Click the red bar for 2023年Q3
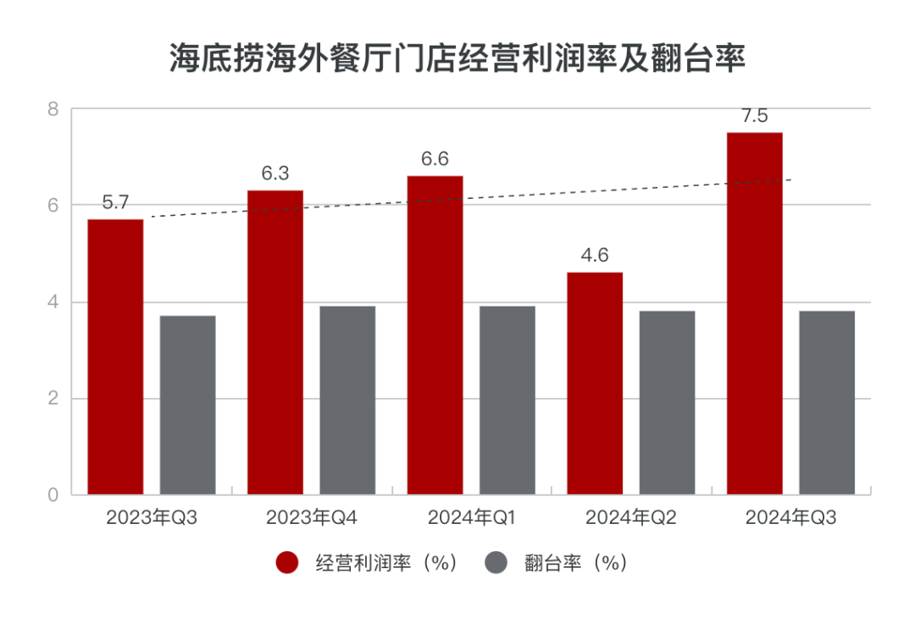pyautogui.click(x=115, y=356)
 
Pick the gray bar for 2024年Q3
pyautogui.click(x=826, y=402)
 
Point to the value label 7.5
pyautogui.click(x=754, y=116)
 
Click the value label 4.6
pyautogui.click(x=594, y=256)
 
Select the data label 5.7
pyautogui.click(x=115, y=203)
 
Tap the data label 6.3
pyautogui.click(x=274, y=174)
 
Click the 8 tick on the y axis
pyautogui.click(x=53, y=109)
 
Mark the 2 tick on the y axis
pyautogui.click(x=53, y=399)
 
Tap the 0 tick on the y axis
pyautogui.click(x=53, y=495)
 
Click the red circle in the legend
pyautogui.click(x=287, y=563)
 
